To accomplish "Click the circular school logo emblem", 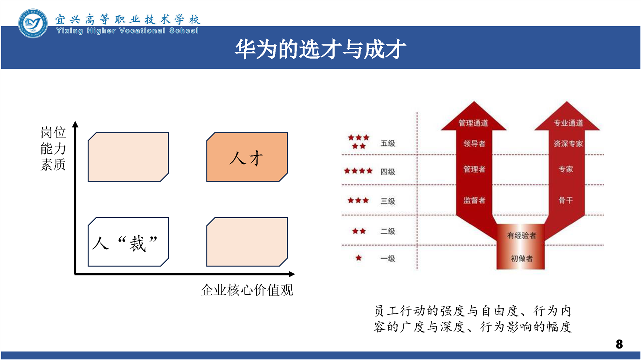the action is pyautogui.click(x=33, y=23).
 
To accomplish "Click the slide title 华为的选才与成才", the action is pyautogui.click(x=320, y=49).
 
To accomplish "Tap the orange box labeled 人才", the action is pyautogui.click(x=247, y=157).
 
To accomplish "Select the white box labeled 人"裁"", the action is pyautogui.click(x=128, y=242).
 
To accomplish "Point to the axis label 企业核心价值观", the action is pyautogui.click(x=247, y=290).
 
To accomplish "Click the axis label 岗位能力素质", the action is pyautogui.click(x=53, y=149).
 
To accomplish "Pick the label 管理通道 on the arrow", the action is pyautogui.click(x=473, y=123).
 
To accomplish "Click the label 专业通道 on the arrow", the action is pyautogui.click(x=568, y=123).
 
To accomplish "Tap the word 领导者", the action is pyautogui.click(x=474, y=143).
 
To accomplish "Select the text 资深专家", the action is pyautogui.click(x=568, y=143).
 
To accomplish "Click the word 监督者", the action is pyautogui.click(x=474, y=200).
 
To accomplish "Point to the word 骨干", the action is pyautogui.click(x=566, y=200).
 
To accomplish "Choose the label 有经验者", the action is pyautogui.click(x=522, y=235).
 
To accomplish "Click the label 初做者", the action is pyautogui.click(x=522, y=259).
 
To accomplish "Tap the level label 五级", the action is pyautogui.click(x=388, y=143).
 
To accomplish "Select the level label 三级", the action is pyautogui.click(x=388, y=201).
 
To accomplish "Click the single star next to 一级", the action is pyautogui.click(x=358, y=258).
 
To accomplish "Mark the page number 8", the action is pyautogui.click(x=619, y=344).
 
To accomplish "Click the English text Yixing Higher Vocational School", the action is pyautogui.click(x=127, y=31).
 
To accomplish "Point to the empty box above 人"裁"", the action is pyautogui.click(x=128, y=157).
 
